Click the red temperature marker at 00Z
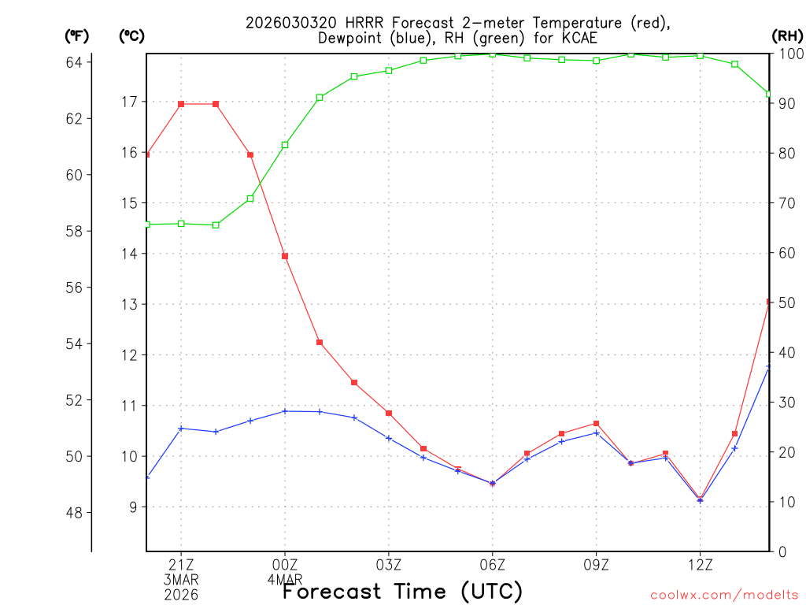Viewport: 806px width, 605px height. [285, 256]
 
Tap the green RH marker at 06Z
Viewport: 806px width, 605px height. [493, 54]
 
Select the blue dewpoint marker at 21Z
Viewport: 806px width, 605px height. [181, 429]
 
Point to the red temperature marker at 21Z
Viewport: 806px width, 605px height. [181, 104]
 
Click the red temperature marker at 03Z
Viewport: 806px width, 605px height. [389, 413]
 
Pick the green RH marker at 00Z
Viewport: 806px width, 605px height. [285, 145]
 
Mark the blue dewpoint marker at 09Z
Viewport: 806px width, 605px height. [597, 432]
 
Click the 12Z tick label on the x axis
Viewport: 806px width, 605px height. [700, 564]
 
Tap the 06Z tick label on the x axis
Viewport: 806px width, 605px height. [492, 564]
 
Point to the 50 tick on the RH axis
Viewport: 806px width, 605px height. [786, 303]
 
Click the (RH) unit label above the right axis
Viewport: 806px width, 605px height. [787, 35]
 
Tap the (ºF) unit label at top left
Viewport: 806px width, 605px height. [77, 35]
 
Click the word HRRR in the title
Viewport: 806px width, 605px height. [336, 23]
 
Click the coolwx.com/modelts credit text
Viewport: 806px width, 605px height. [724, 595]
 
